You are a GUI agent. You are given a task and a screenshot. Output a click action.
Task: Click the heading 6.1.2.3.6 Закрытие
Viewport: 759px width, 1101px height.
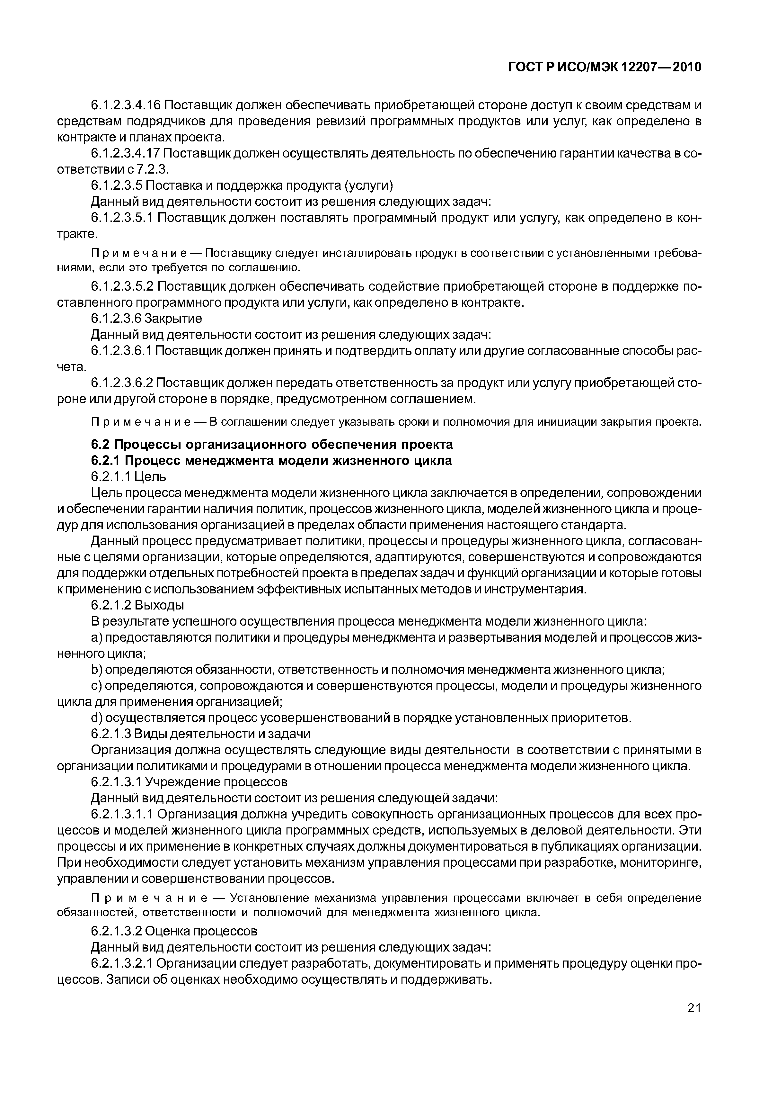coord(146,318)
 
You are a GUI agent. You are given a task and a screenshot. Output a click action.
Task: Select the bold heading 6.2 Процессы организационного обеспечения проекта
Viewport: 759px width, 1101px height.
coord(271,444)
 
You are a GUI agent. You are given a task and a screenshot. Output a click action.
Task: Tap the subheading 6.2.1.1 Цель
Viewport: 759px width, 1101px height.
coord(128,476)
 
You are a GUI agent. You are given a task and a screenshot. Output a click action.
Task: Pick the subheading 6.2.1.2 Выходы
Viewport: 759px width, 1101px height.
coord(137,605)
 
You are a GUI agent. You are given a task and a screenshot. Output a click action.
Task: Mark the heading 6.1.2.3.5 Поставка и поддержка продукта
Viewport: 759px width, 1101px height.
coord(242,185)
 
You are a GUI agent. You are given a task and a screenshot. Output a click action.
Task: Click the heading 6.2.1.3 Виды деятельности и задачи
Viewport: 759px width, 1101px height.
coord(201,734)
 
